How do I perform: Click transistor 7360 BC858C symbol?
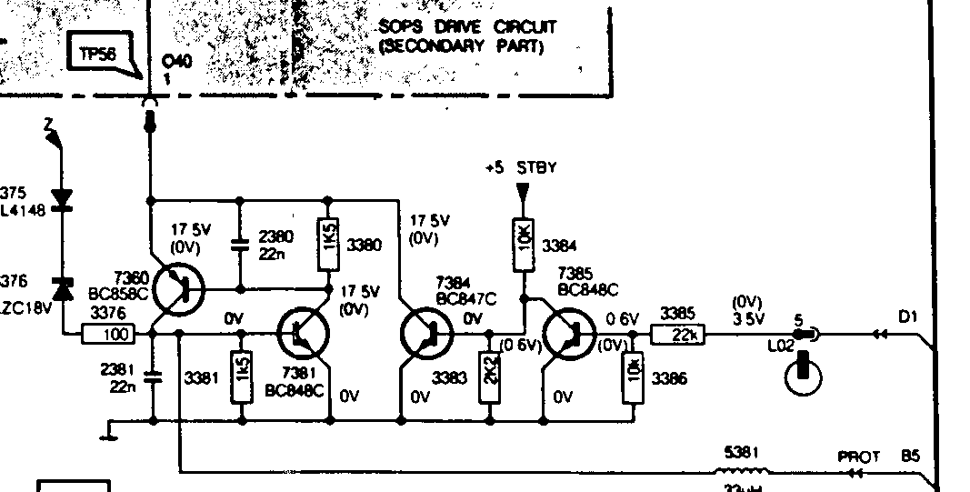click(x=177, y=289)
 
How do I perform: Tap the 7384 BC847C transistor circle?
click(x=425, y=334)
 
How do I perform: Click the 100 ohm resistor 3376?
click(x=108, y=335)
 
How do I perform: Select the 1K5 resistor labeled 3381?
click(x=241, y=376)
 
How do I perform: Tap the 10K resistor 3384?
click(x=525, y=246)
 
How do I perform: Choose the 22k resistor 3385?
click(x=676, y=335)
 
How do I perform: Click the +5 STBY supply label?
click(x=521, y=168)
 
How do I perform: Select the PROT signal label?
click(x=858, y=457)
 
